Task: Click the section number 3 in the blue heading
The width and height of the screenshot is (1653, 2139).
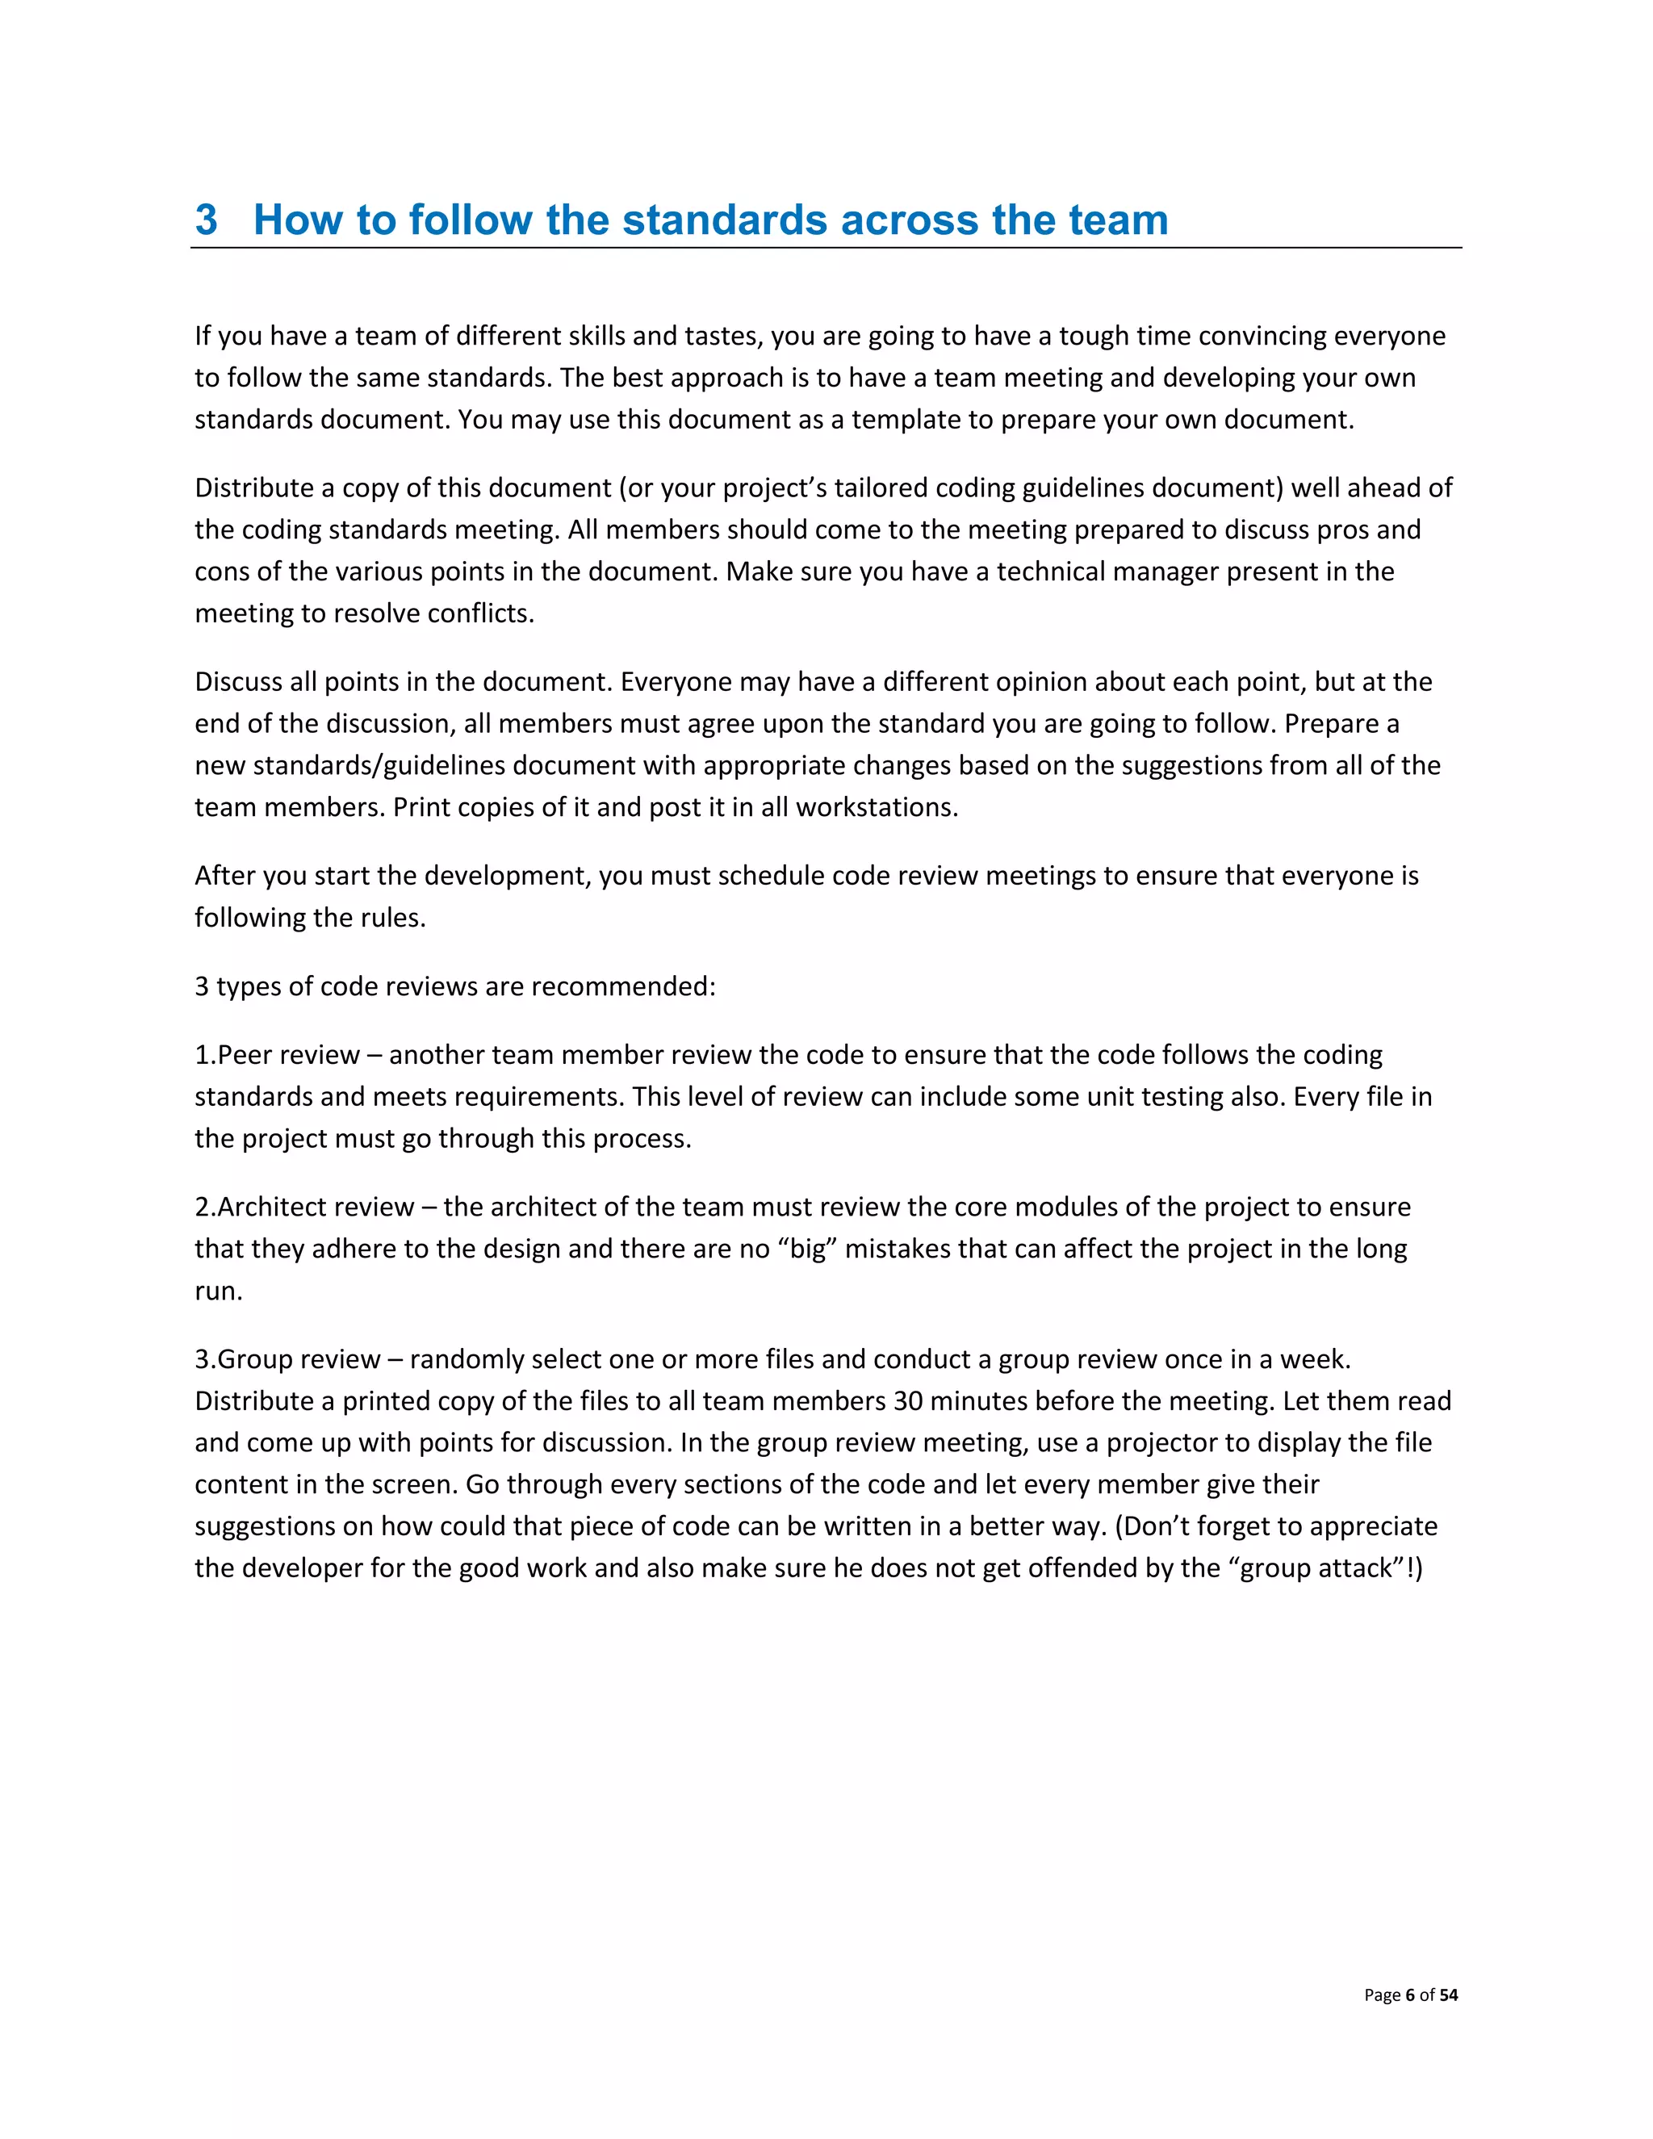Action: tap(206, 220)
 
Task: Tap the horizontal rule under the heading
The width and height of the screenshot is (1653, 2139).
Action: tap(826, 249)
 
